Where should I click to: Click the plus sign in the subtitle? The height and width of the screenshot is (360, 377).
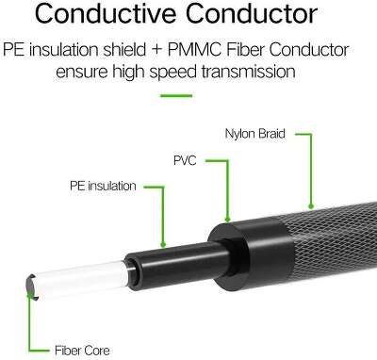[190, 50]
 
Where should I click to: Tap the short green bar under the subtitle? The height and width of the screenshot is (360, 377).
[188, 94]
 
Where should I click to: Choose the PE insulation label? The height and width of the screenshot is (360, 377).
[104, 186]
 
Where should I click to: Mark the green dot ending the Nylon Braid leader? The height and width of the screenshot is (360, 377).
[310, 205]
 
